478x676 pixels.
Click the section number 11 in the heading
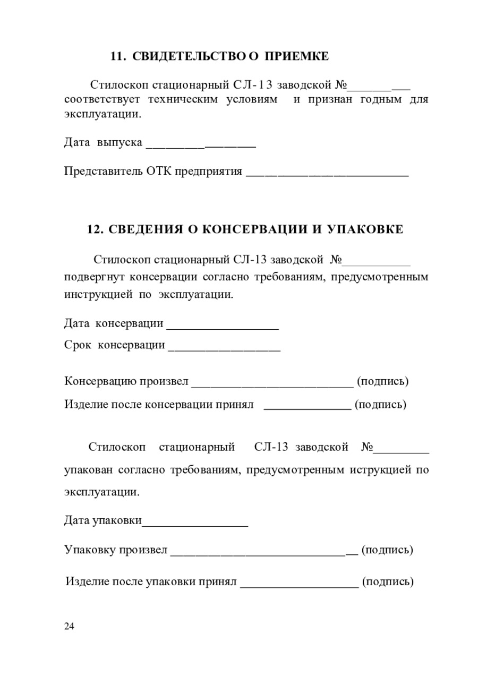(x=116, y=56)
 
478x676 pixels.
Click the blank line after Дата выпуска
(x=201, y=146)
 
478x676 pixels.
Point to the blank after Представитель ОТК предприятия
(x=327, y=174)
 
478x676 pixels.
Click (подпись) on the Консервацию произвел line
(x=382, y=381)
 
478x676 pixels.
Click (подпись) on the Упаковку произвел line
(x=387, y=550)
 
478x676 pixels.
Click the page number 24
(x=70, y=627)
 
